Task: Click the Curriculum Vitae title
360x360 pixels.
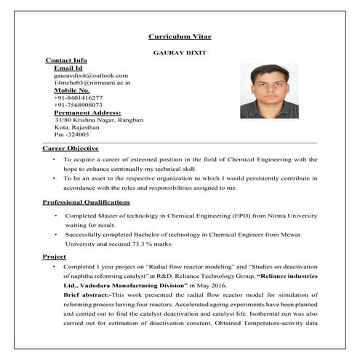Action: pyautogui.click(x=180, y=36)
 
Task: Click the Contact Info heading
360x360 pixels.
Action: pyautogui.click(x=66, y=60)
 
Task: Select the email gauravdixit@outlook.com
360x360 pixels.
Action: pyautogui.click(x=91, y=75)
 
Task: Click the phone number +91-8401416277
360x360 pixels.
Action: pyautogui.click(x=79, y=97)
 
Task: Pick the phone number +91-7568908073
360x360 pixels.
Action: pyautogui.click(x=79, y=105)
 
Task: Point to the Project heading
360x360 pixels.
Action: pyautogui.click(x=55, y=257)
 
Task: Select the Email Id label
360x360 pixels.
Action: pyautogui.click(x=69, y=68)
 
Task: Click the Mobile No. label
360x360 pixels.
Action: pyautogui.click(x=73, y=90)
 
